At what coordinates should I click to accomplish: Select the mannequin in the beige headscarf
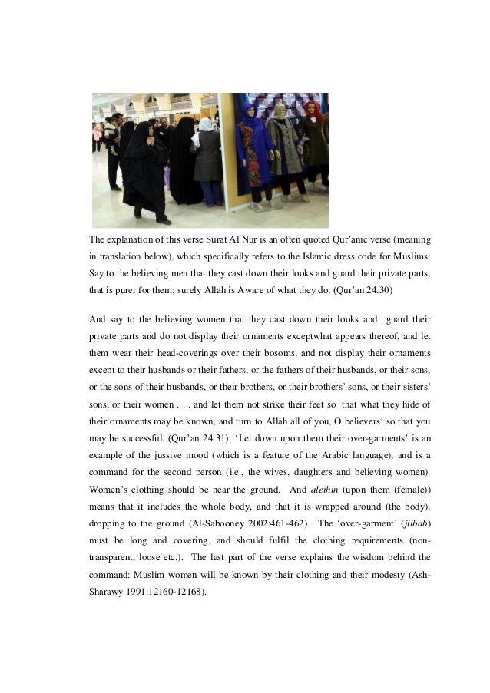tap(283, 146)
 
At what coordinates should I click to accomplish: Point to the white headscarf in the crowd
tap(206, 125)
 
